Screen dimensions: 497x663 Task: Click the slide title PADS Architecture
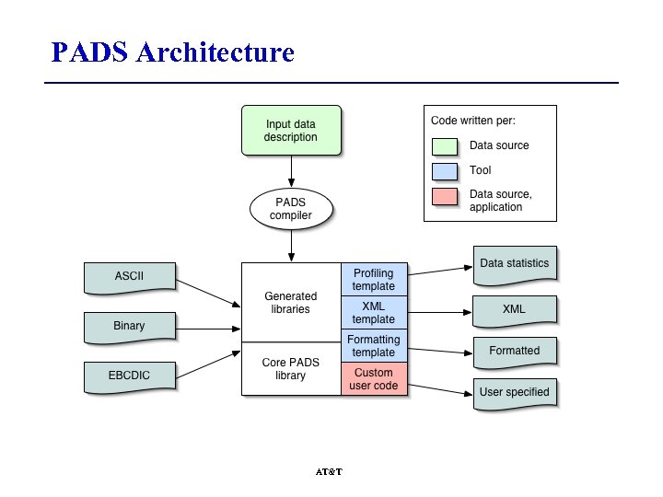172,52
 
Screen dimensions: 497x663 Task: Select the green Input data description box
291,130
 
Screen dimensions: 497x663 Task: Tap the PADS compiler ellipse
291,209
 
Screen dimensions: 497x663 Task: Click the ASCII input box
129,276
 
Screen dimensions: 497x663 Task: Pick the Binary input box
129,326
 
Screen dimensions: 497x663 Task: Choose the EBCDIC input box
129,376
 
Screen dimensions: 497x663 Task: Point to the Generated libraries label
291,303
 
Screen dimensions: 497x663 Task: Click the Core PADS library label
291,368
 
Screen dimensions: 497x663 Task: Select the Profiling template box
373,280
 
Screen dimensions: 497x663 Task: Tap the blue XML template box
373,313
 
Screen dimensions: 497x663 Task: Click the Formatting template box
373,346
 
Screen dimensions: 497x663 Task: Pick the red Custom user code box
373,379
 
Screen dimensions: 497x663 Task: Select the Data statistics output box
514,263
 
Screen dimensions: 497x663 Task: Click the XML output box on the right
514,309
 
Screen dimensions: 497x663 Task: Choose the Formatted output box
514,351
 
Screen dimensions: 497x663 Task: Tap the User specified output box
514,392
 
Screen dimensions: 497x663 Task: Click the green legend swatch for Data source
446,145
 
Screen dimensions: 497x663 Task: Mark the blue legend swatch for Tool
446,170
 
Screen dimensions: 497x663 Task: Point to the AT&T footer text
329,472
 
